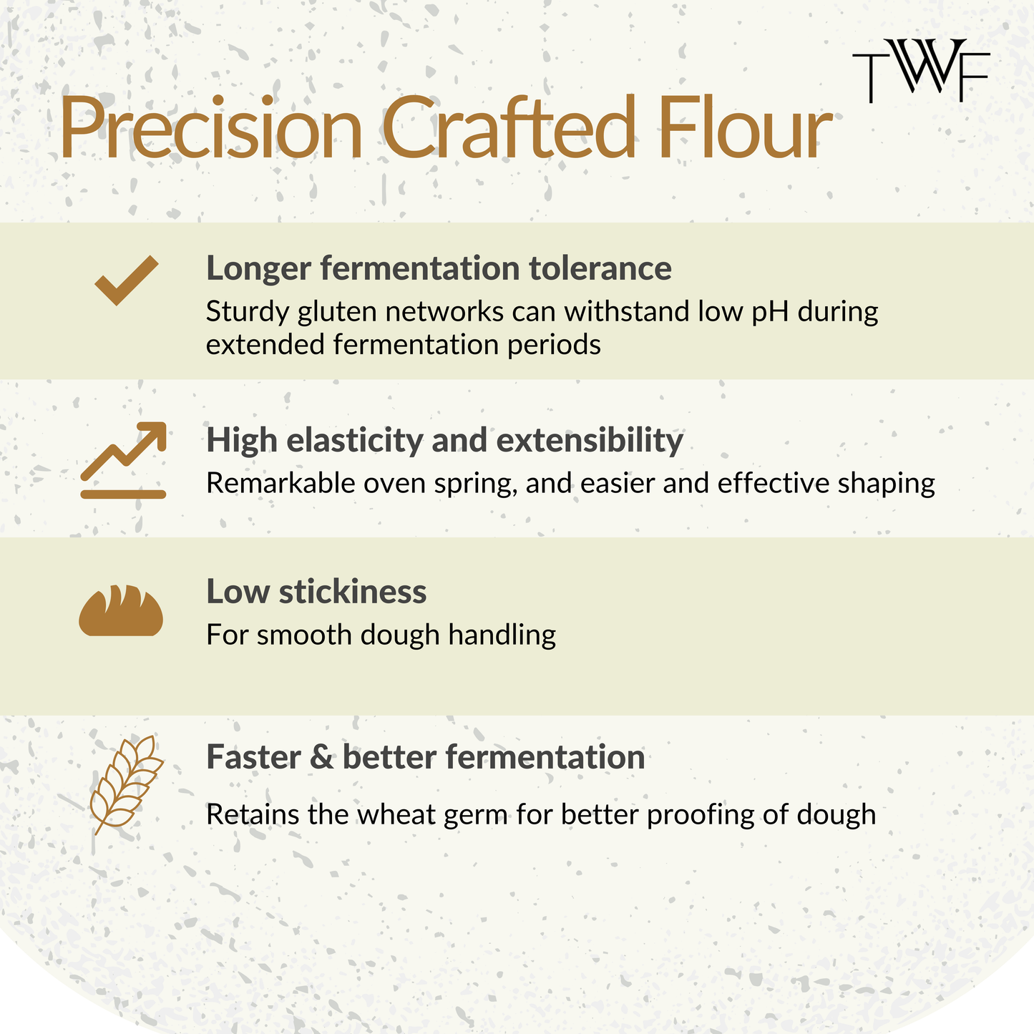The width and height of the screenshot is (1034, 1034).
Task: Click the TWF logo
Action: point(921,70)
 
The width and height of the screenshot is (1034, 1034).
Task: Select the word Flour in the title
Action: point(746,127)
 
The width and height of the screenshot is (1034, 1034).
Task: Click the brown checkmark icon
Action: point(127,281)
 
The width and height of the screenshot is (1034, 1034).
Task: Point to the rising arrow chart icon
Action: point(123,460)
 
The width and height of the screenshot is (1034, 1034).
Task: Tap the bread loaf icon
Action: point(121,610)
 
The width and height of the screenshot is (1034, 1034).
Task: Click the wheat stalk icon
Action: point(127,785)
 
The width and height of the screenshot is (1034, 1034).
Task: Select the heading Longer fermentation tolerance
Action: point(439,269)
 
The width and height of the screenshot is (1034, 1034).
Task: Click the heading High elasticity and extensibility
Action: point(445,441)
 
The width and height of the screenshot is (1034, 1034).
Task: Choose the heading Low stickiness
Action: point(316,592)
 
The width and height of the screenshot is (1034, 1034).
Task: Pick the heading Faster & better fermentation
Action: point(426,757)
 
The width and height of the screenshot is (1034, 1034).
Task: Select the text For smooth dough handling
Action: point(381,635)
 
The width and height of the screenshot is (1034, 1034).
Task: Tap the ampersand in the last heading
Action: point(321,757)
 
